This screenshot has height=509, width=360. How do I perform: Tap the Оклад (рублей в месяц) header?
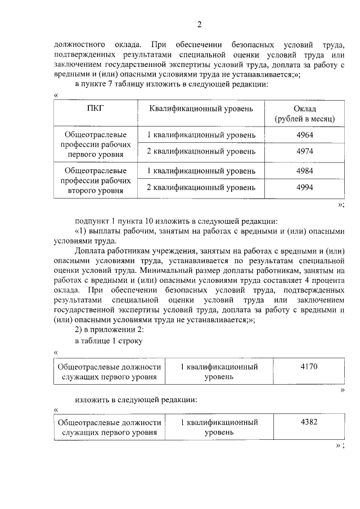coord(304,113)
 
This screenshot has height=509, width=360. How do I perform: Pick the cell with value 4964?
coord(304,136)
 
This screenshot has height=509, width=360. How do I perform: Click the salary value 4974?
coord(304,152)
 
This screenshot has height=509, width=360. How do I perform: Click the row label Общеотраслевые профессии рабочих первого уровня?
coord(95,144)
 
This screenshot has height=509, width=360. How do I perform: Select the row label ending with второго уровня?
coord(95,180)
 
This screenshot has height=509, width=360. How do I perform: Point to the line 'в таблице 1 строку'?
coord(109,341)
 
